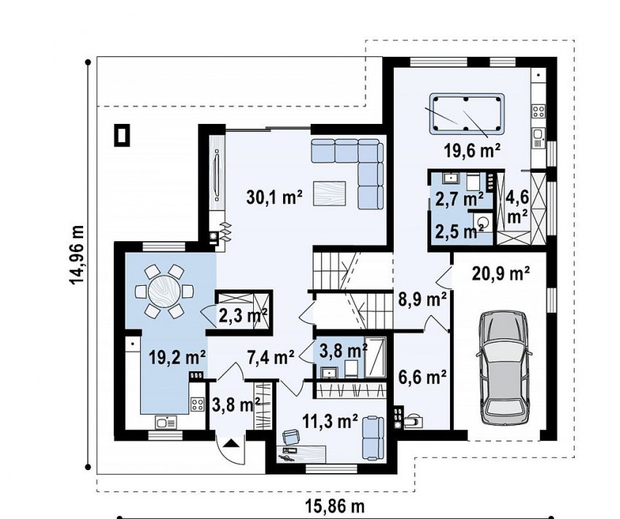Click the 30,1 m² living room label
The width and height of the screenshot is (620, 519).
click(274, 197)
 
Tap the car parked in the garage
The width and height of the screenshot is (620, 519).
click(503, 367)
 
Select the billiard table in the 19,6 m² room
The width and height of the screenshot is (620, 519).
click(467, 114)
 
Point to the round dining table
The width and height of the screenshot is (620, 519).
click(164, 292)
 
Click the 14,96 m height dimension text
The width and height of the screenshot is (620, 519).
click(77, 255)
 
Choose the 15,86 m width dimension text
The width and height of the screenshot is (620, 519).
click(335, 506)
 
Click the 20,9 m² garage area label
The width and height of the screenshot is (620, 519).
click(501, 273)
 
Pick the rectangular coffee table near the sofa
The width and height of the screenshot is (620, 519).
click(330, 193)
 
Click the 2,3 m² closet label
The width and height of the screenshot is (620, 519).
click(243, 315)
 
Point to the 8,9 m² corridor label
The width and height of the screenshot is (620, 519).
click(422, 299)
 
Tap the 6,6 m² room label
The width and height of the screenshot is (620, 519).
click(422, 377)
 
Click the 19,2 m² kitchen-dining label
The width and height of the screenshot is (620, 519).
click(177, 357)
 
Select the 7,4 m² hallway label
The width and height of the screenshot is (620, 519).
click(271, 357)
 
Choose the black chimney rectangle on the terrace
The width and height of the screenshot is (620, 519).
click(122, 135)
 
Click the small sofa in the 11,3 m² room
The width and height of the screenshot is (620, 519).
click(373, 438)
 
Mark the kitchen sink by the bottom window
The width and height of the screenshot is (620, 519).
click(166, 423)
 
